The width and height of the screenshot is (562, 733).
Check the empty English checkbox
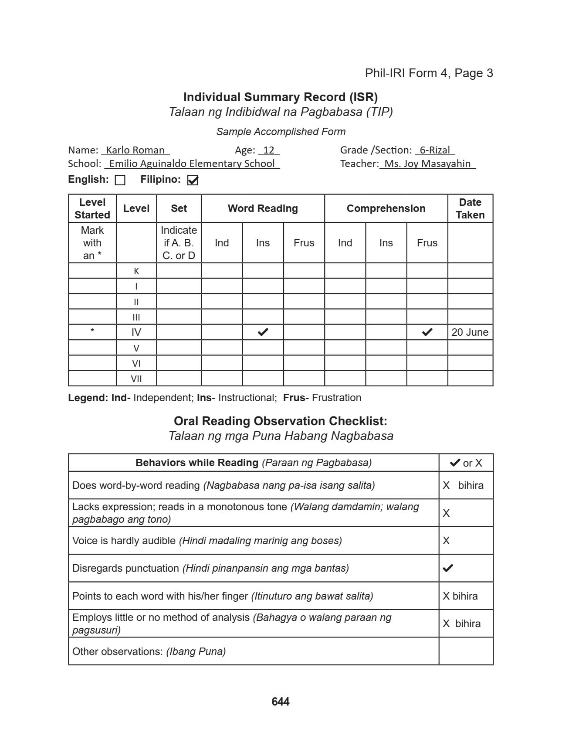(x=120, y=180)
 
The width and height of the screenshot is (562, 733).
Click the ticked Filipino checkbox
(x=193, y=180)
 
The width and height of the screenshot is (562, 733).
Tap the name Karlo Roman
(x=135, y=150)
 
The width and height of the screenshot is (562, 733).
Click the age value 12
(x=269, y=150)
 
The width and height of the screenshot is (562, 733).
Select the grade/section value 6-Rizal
(x=434, y=150)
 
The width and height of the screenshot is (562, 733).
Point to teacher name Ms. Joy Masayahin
(x=427, y=164)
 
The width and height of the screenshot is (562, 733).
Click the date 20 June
(x=470, y=332)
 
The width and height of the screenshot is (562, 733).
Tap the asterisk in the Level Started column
(x=92, y=331)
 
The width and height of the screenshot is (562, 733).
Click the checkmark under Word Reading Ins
(x=263, y=332)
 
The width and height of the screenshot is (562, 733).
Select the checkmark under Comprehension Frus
(x=427, y=332)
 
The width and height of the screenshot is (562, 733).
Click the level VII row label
(x=136, y=379)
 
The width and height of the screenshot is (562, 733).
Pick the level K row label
(x=136, y=271)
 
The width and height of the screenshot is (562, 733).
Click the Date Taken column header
(x=470, y=208)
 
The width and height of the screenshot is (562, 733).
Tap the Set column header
(x=179, y=208)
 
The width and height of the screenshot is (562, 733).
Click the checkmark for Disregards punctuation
(x=448, y=568)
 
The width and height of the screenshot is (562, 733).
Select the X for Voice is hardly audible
(x=446, y=541)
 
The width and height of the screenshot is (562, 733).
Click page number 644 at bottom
(x=280, y=702)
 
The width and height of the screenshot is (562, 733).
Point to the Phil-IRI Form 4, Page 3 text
(x=429, y=73)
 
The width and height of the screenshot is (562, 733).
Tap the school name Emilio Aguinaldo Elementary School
(x=192, y=164)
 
